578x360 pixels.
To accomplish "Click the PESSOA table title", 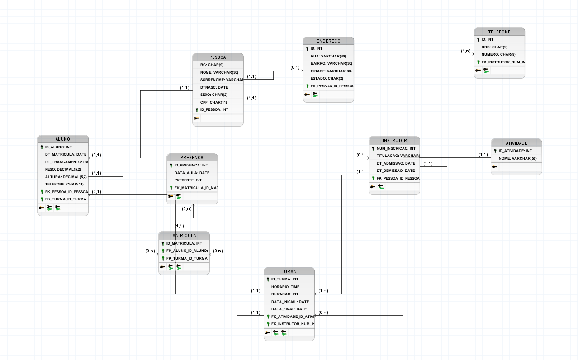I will pos(218,57).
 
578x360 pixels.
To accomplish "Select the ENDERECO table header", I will pos(328,41).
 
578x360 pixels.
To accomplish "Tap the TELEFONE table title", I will pos(499,32).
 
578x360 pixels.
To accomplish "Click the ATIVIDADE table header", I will pos(516,143).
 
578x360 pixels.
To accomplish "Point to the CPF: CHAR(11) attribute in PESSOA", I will pos(213,102).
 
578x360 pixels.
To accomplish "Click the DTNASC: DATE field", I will pos(214,87).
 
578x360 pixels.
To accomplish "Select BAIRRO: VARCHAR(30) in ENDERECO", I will pos(331,63).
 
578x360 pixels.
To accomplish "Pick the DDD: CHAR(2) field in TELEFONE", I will pos(494,47).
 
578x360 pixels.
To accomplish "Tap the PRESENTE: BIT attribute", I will pos(188,180).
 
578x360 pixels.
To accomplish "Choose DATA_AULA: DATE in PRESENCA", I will pos(192,173).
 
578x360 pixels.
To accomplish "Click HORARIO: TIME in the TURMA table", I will pos(285,287).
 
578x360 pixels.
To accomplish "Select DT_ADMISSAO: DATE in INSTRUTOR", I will pos(396,163).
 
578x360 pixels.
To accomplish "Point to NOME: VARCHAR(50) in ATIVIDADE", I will pos(517,158).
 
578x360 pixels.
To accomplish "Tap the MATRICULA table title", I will pos(184,236).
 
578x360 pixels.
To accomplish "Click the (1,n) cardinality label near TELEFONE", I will pos(466,51).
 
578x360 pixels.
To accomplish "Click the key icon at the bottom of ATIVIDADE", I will pos(495,167).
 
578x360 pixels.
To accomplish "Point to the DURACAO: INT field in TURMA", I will pos(284,294).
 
